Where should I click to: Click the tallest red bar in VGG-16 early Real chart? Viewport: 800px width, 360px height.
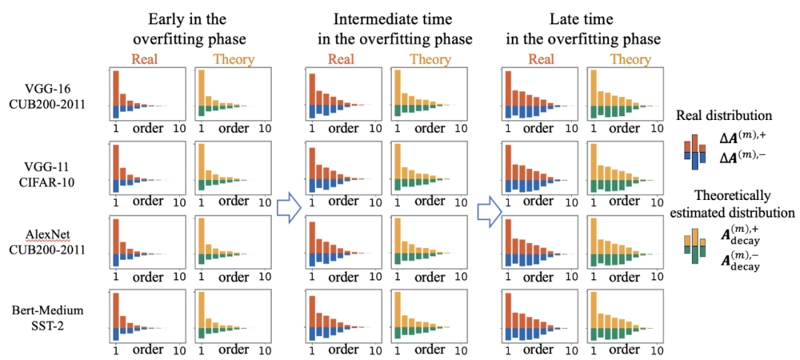pos(116,87)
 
